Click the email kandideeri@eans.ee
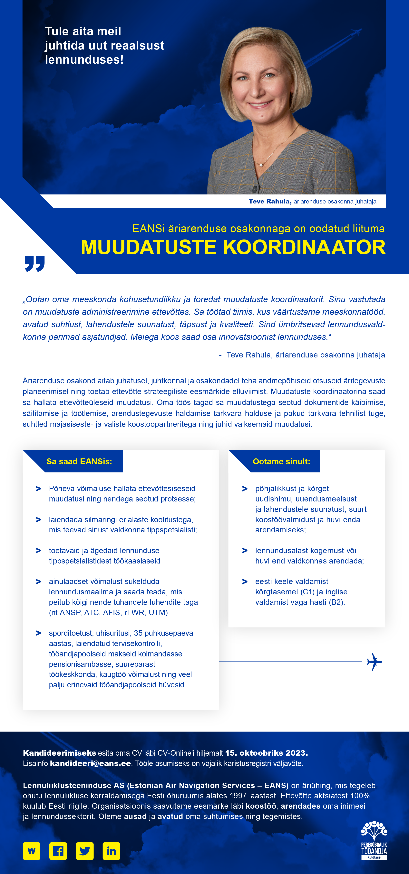click(90, 763)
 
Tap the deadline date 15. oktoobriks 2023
click(266, 753)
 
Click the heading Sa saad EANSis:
click(79, 461)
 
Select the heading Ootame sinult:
click(281, 461)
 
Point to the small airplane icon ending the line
click(374, 661)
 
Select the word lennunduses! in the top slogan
click(84, 60)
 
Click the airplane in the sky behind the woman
click(356, 32)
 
